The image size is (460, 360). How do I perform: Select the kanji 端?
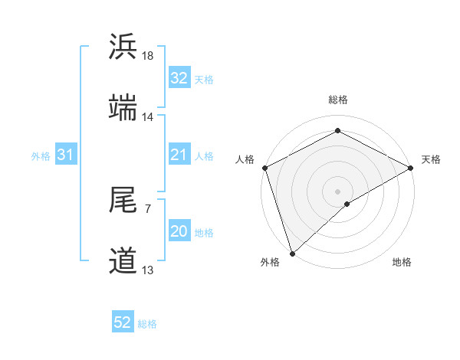click(x=123, y=107)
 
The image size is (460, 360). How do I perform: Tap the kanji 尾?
click(x=123, y=201)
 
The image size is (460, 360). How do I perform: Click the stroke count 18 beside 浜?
click(x=148, y=56)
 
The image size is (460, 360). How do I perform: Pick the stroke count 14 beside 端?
click(x=148, y=117)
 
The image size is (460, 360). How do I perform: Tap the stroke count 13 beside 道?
click(x=148, y=270)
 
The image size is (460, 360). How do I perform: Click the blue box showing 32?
click(x=179, y=78)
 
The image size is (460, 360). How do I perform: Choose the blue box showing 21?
click(x=179, y=155)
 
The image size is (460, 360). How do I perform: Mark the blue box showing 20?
click(x=179, y=232)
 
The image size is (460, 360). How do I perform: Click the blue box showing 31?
click(x=66, y=155)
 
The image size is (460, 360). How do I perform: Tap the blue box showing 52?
click(x=123, y=323)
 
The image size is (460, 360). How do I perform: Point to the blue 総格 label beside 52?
click(x=147, y=324)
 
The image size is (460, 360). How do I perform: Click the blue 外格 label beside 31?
click(x=41, y=156)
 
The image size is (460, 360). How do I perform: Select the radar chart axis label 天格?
click(x=431, y=159)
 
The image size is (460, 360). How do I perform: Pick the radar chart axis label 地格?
click(x=402, y=262)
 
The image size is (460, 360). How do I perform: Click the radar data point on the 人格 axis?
click(x=264, y=168)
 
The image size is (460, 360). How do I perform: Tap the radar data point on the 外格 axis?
click(x=292, y=253)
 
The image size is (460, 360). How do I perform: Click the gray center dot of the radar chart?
click(x=337, y=191)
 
